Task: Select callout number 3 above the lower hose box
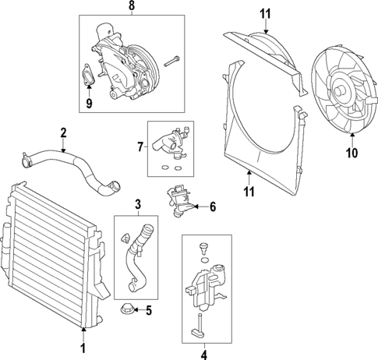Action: click(x=137, y=205)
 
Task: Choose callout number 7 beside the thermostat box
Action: click(x=140, y=146)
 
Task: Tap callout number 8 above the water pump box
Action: click(x=131, y=6)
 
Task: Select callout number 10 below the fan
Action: click(x=351, y=153)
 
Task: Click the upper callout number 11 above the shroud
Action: click(x=265, y=13)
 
